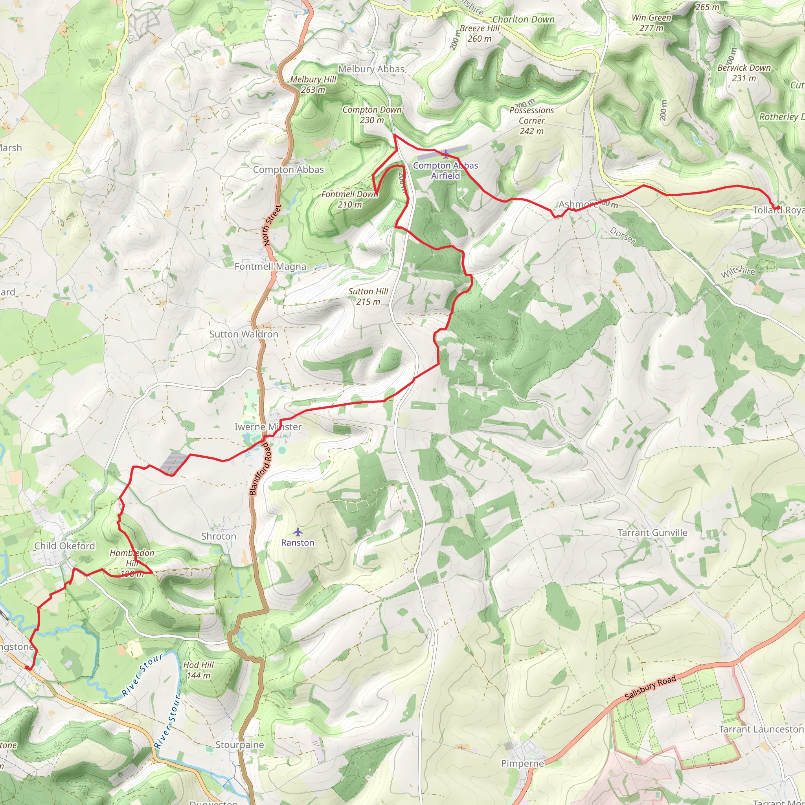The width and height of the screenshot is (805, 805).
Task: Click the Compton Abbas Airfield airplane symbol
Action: (445, 154)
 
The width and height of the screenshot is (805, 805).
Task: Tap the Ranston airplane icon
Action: (297, 532)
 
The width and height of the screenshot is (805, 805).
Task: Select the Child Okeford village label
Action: (64, 546)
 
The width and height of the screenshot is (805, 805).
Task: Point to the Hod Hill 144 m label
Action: (198, 670)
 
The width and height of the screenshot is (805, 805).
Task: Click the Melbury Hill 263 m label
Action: (313, 84)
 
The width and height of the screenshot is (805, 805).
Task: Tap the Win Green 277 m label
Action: (651, 23)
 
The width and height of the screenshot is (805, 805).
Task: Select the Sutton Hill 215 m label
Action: (368, 296)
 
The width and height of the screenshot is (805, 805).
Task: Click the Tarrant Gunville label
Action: (652, 533)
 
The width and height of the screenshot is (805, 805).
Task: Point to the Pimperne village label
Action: (522, 763)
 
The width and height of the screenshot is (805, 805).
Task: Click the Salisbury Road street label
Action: (650, 688)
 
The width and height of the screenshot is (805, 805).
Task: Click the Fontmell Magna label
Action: (270, 266)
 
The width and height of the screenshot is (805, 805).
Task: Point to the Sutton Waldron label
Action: (244, 334)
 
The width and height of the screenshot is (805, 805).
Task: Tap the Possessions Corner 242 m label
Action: (532, 120)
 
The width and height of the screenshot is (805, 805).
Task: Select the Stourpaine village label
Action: (240, 744)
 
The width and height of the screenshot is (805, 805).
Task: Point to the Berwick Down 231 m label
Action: (744, 72)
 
